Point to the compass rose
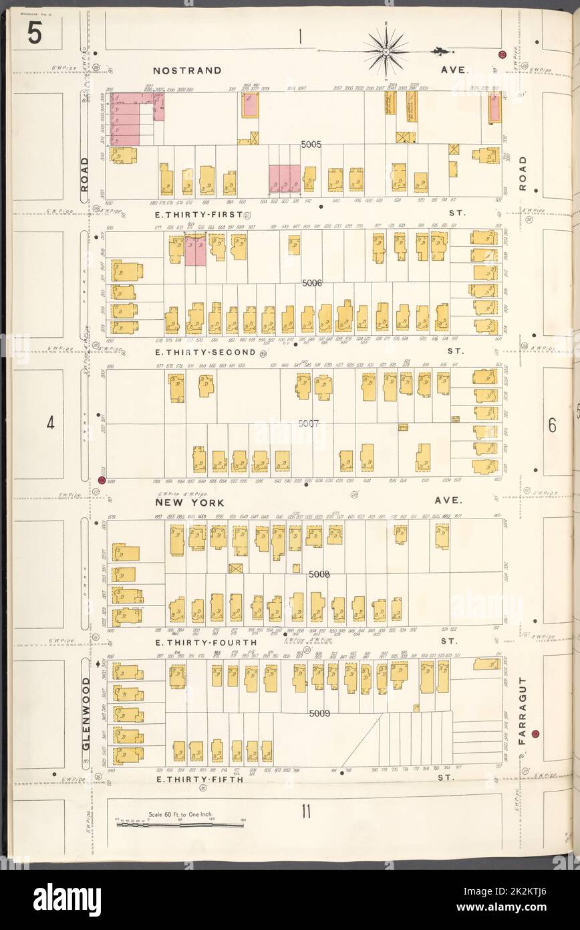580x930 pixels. (x=386, y=50)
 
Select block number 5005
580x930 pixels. (x=311, y=144)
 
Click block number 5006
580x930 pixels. (x=311, y=283)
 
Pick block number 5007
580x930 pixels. (x=311, y=424)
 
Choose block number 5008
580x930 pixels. (x=319, y=574)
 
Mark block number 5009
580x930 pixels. (x=319, y=713)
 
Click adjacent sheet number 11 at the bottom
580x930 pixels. (x=305, y=813)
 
